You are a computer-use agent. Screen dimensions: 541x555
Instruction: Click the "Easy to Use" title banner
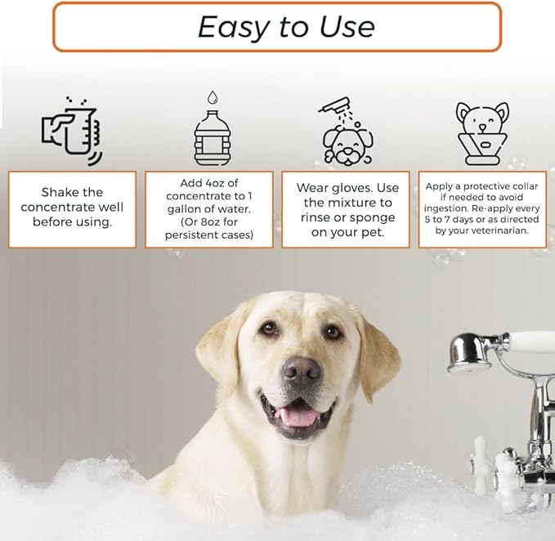[276, 27]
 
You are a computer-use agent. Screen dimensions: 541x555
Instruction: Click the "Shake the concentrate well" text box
[73, 208]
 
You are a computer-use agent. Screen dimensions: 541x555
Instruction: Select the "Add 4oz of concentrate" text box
[209, 208]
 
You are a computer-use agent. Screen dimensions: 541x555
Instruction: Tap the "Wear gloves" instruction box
[345, 208]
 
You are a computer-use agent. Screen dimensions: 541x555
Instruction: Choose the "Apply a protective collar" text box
[481, 208]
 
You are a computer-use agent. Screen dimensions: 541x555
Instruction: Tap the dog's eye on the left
[269, 329]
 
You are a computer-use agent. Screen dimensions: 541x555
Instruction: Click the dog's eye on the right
[332, 332]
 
